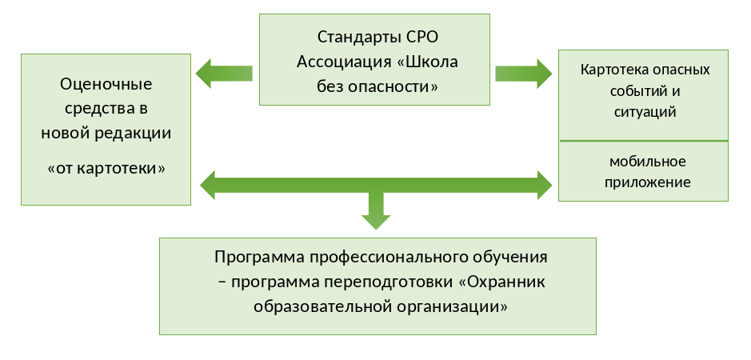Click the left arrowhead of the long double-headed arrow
pyautogui.click(x=210, y=185)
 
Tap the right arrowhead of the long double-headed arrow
pyautogui.click(x=542, y=185)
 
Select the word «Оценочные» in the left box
pyautogui.click(x=106, y=84)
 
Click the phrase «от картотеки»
pyautogui.click(x=106, y=169)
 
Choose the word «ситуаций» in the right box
pyautogui.click(x=642, y=111)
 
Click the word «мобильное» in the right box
pyautogui.click(x=642, y=161)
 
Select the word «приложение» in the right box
pyautogui.click(x=642, y=182)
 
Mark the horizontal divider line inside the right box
pyautogui.click(x=642, y=141)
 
